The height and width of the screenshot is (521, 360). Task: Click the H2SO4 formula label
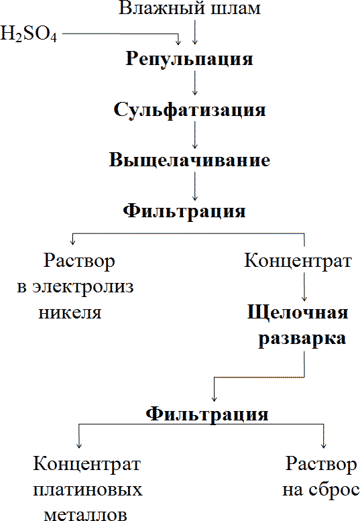tap(29, 34)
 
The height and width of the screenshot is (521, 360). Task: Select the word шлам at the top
tap(233, 9)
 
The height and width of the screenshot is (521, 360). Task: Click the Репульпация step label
tap(190, 59)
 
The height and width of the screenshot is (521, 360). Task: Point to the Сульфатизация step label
tap(190, 110)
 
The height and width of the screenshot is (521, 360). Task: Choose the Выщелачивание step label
tap(190, 161)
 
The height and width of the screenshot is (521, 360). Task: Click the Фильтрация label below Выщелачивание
tap(184, 211)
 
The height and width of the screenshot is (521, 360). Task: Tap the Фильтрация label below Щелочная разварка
tap(207, 413)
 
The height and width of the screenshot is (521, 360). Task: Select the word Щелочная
tap(297, 314)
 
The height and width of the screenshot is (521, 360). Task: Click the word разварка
tap(302, 339)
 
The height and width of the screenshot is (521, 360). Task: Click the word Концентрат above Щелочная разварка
tap(298, 260)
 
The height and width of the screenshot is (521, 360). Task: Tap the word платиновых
tap(88, 489)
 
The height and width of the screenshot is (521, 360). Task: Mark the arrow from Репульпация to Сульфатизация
tap(194, 83)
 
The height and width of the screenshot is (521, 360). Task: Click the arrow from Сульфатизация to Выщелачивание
tap(194, 134)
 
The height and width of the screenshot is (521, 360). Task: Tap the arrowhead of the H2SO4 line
tap(179, 40)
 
